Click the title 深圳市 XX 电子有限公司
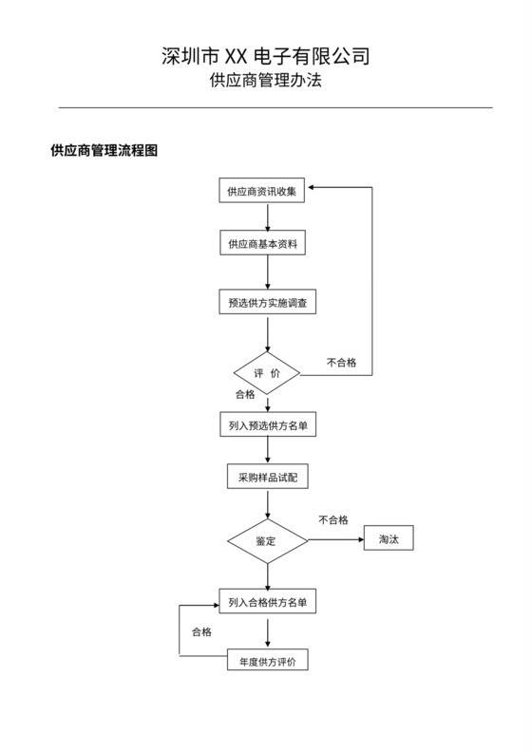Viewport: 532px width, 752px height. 266,57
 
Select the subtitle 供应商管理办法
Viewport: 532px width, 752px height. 266,82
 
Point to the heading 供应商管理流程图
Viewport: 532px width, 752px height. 104,151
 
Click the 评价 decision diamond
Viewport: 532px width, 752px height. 267,374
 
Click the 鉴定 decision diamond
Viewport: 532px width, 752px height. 267,541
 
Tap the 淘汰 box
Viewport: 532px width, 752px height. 389,539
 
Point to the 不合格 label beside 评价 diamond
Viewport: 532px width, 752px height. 342,362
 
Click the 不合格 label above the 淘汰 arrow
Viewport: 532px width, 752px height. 333,520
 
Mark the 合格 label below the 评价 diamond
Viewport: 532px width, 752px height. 245,394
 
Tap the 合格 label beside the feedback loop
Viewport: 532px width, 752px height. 201,631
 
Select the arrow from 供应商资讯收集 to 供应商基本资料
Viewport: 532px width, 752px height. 268,216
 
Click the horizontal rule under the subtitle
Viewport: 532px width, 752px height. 266,107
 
